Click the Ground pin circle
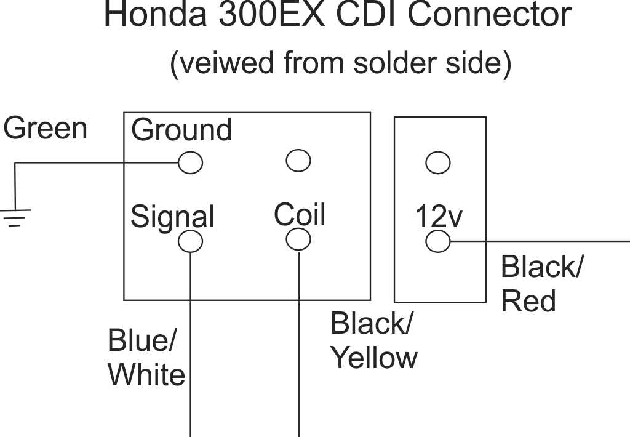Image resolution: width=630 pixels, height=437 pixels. [190, 162]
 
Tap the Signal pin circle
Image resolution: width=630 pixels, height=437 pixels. [190, 241]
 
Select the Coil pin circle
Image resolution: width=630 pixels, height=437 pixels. [298, 239]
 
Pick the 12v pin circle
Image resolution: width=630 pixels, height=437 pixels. [438, 241]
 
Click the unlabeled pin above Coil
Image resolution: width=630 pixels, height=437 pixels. [298, 161]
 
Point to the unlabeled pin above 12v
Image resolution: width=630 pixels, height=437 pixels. [438, 162]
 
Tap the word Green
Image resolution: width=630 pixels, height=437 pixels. [45, 129]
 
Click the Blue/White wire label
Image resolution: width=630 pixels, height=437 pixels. [146, 358]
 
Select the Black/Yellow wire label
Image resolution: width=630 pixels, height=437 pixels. [373, 340]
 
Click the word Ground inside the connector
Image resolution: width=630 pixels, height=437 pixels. [181, 130]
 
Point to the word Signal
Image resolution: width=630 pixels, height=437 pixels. [172, 217]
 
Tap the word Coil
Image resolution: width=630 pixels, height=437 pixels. [300, 215]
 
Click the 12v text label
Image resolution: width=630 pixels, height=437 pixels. [439, 216]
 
